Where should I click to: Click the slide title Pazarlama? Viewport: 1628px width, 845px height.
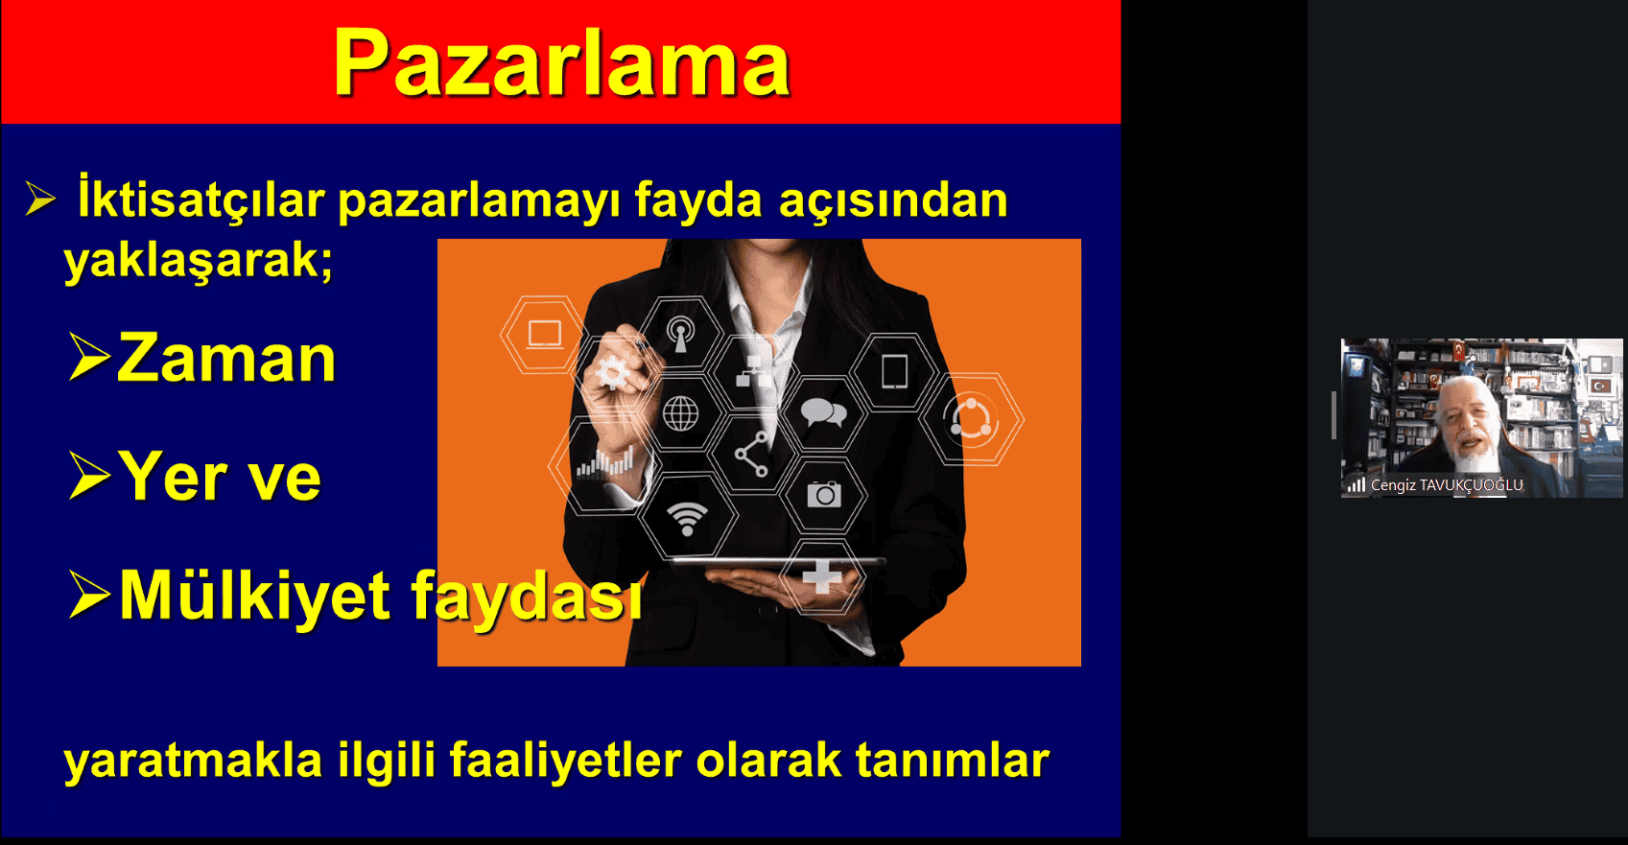coord(561,64)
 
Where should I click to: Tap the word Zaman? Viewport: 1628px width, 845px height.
coord(226,358)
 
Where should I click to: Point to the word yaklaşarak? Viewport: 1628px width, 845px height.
coord(197,259)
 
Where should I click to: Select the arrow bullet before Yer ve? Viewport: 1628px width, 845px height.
coord(89,475)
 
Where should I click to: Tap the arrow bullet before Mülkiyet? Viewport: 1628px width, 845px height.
coord(89,595)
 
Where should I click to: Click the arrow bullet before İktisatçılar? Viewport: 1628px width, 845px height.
coord(40,199)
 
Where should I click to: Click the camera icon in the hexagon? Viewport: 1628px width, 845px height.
coord(824,493)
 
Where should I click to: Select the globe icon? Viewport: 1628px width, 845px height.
coord(681,413)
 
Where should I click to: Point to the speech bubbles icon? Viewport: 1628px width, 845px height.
coord(823,412)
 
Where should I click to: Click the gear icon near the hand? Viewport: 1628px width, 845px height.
coord(611,373)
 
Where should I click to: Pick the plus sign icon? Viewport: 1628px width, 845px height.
coord(822,578)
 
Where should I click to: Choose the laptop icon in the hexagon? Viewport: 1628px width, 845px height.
coord(544,335)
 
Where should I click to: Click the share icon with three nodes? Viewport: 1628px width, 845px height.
coord(752,454)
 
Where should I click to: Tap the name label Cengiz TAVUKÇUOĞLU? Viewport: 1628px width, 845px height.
coord(1447,484)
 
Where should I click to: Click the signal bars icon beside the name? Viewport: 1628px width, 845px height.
coord(1357,484)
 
